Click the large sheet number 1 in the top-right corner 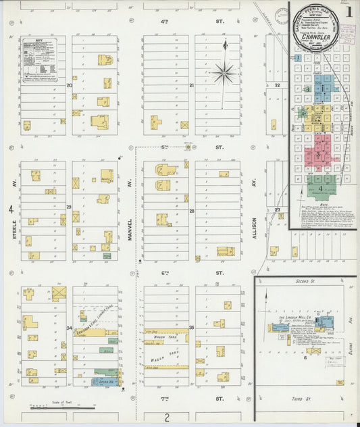[x=349, y=11]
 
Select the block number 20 [x=69, y=86]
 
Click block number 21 [x=191, y=86]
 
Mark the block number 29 [x=69, y=206]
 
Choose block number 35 [x=191, y=328]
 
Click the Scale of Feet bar [x=61, y=407]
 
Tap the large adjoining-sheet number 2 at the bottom [x=167, y=417]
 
